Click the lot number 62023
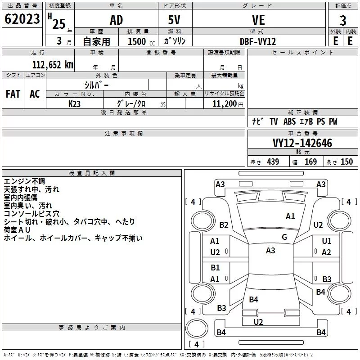coord(22,19)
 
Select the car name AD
coord(117,20)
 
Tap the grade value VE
coord(258,20)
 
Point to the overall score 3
coord(343,21)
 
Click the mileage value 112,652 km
coord(53,65)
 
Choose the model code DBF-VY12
coord(258,41)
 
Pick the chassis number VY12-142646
coord(302,143)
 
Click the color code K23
coord(74,104)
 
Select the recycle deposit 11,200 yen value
coord(228,104)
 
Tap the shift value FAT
coord(13,94)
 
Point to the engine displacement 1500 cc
coord(141,41)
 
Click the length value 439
coord(273,162)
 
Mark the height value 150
coord(346,162)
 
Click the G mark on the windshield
coord(284,237)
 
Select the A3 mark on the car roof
coord(270,251)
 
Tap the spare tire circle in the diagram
coord(197,328)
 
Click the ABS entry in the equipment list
coord(289,121)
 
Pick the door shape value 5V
coord(174,20)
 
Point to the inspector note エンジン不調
coord(24,181)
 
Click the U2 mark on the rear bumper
coord(258,322)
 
